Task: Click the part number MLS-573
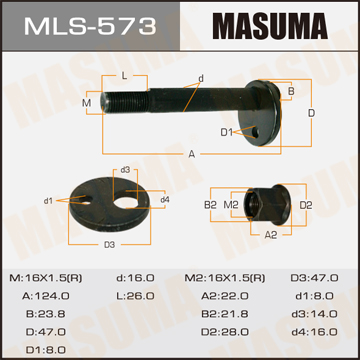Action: (x=90, y=26)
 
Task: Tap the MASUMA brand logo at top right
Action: (x=270, y=26)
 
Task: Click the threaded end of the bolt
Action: (x=125, y=102)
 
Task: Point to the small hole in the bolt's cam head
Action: (x=255, y=132)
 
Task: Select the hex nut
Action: (x=267, y=204)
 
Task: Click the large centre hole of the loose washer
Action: (x=126, y=203)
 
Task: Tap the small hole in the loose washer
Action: (x=87, y=201)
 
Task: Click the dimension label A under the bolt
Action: (x=192, y=154)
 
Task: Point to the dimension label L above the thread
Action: (x=124, y=76)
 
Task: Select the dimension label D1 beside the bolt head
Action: (x=226, y=132)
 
